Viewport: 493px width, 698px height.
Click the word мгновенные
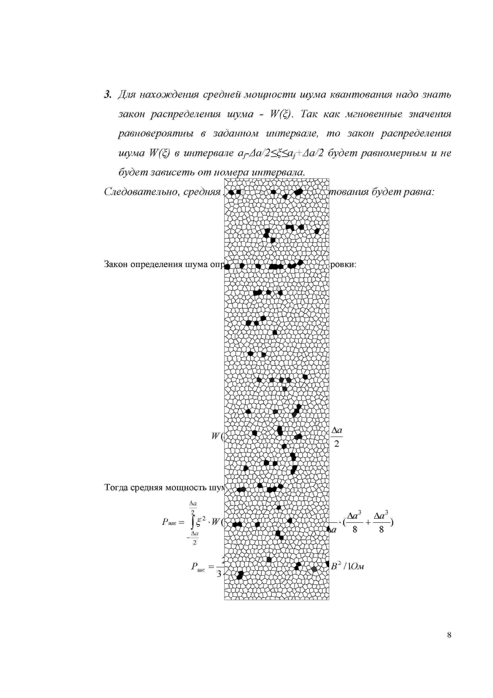(374, 114)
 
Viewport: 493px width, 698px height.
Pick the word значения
(430, 114)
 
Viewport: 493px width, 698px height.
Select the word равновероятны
(155, 134)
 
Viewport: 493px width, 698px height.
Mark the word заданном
(235, 134)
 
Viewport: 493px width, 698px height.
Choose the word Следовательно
(141, 192)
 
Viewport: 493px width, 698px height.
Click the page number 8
(449, 635)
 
